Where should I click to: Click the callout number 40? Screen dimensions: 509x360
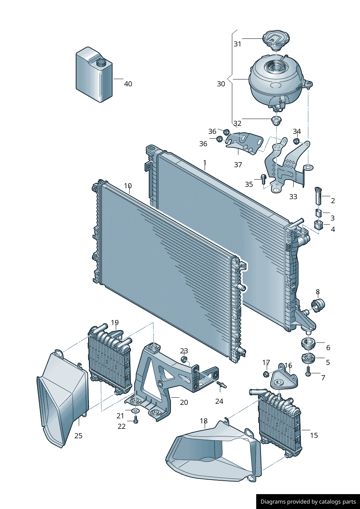click(128, 84)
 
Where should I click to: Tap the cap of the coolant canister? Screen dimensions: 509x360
click(101, 62)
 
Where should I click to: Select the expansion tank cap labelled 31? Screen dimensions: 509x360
click(276, 39)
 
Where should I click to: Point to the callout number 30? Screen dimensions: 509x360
click(221, 84)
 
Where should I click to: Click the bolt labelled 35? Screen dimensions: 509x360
click(263, 178)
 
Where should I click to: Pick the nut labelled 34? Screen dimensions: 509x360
click(296, 141)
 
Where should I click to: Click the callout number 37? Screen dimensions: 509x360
click(238, 165)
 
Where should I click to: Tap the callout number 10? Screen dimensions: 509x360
click(128, 186)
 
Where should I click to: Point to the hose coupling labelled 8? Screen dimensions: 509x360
click(318, 305)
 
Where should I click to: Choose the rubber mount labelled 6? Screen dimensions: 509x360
click(308, 343)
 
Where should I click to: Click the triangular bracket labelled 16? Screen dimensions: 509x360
click(283, 379)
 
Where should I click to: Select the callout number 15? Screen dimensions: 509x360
click(314, 435)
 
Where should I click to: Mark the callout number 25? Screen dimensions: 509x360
click(78, 436)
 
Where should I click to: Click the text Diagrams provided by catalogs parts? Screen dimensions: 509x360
click(308, 502)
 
